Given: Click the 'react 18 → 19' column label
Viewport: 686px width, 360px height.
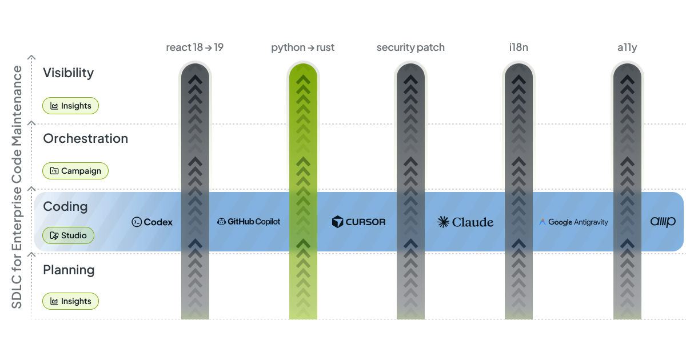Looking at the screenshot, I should tap(194, 47).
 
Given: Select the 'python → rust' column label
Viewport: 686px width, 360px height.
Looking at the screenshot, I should tap(302, 47).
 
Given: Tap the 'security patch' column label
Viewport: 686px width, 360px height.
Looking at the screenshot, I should tap(410, 47).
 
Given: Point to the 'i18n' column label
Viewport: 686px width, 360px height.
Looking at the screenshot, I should tap(519, 47).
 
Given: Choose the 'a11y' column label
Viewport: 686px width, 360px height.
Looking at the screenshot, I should tap(627, 47).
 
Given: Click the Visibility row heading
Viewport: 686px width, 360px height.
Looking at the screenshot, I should tap(68, 73).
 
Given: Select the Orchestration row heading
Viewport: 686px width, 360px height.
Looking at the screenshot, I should tap(85, 139).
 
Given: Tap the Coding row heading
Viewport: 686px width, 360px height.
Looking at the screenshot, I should tap(65, 206).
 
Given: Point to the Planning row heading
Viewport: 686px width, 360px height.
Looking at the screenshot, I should tap(69, 270).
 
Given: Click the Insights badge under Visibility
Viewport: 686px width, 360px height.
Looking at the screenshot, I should tap(71, 106).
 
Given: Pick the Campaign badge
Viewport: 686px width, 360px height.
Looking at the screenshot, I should tap(75, 171).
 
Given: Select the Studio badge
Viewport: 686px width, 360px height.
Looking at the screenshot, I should tap(68, 235).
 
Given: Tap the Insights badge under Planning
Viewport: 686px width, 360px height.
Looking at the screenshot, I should tap(71, 301).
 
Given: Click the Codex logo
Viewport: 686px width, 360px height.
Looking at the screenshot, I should tap(152, 222).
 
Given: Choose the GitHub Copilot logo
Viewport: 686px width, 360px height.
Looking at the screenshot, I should tap(249, 222).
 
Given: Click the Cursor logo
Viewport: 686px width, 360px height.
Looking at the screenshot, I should tap(358, 222).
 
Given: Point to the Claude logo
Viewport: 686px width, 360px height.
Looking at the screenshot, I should tap(465, 222).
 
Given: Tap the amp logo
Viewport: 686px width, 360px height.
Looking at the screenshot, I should tap(663, 222).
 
